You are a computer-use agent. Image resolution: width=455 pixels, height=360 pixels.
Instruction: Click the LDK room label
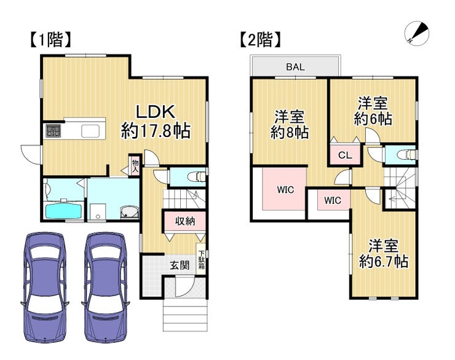pyautogui.click(x=156, y=112)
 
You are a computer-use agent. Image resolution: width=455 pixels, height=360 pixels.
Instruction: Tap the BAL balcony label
pyautogui.click(x=295, y=67)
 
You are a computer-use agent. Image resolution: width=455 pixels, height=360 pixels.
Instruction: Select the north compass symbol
pyautogui.click(x=417, y=33)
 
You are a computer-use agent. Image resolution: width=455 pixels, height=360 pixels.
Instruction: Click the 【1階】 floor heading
pyautogui.click(x=50, y=40)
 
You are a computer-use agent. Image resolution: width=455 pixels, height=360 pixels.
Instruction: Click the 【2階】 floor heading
pyautogui.click(x=260, y=40)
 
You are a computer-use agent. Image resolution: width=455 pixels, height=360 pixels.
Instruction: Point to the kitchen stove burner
pyautogui.click(x=53, y=130)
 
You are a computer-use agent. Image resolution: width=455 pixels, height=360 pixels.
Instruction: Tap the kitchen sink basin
pyautogui.click(x=90, y=131)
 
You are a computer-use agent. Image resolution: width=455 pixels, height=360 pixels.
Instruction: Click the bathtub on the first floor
pyautogui.click(x=64, y=211)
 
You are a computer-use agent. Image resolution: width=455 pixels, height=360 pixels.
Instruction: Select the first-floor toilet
pyautogui.click(x=197, y=176)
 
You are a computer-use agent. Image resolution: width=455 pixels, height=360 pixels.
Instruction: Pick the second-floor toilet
pyautogui.click(x=408, y=154)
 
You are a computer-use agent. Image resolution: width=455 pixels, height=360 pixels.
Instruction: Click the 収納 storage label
pyautogui.click(x=185, y=222)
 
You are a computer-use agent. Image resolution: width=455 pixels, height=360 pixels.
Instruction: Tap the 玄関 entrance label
pyautogui.click(x=180, y=265)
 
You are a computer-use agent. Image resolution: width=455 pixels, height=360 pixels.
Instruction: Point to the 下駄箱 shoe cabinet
pyautogui.click(x=202, y=260)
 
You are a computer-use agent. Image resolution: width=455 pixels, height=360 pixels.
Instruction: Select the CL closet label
pyautogui.click(x=345, y=155)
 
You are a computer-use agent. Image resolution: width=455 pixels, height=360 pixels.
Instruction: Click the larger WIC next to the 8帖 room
pyautogui.click(x=285, y=190)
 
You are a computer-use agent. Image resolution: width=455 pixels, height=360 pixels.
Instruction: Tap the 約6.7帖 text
pyautogui.click(x=384, y=262)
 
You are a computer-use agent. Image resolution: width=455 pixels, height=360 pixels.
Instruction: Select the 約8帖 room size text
pyautogui.click(x=290, y=133)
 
